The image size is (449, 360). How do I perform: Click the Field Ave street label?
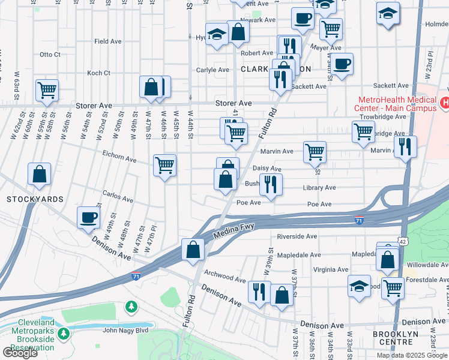click(x=108, y=41)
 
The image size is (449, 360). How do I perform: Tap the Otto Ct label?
click(x=50, y=55)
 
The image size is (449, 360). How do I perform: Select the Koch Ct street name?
click(x=98, y=73)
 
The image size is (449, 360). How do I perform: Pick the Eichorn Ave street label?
click(x=119, y=157)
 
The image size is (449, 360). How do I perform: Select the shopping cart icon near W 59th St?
click(x=46, y=91)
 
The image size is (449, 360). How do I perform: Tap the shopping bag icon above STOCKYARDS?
click(x=39, y=174)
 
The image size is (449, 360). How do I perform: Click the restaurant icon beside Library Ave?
click(x=271, y=184)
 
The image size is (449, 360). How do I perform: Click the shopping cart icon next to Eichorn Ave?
click(x=164, y=164)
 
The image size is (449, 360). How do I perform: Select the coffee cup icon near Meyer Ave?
click(x=342, y=64)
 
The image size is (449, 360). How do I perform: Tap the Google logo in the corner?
click(x=20, y=353)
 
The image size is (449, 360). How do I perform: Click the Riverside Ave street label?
click(x=298, y=236)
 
